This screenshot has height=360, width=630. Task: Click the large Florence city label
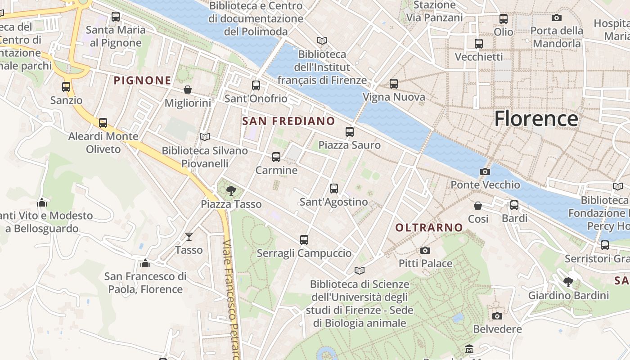536,119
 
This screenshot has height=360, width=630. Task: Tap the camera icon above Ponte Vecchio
485,171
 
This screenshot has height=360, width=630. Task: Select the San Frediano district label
288,121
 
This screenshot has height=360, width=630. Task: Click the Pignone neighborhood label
142,81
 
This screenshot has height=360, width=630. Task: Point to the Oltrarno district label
429,228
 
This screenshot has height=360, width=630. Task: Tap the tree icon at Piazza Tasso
231,190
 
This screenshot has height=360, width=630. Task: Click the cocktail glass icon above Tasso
189,236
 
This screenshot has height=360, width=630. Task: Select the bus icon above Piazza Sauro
350,132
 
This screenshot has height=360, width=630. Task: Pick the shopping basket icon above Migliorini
188,90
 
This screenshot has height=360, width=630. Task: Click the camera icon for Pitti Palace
425,250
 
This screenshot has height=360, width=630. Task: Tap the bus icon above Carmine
276,157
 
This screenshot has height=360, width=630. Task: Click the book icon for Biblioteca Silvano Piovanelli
205,137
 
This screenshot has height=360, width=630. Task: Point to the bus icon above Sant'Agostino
334,189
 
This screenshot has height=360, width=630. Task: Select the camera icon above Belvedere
497,316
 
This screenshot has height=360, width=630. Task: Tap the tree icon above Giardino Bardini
568,282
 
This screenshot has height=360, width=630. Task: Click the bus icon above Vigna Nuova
394,84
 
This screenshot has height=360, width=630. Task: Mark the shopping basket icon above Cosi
478,206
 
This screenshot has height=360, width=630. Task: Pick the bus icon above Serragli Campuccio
304,240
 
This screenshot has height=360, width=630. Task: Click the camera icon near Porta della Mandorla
557,18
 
